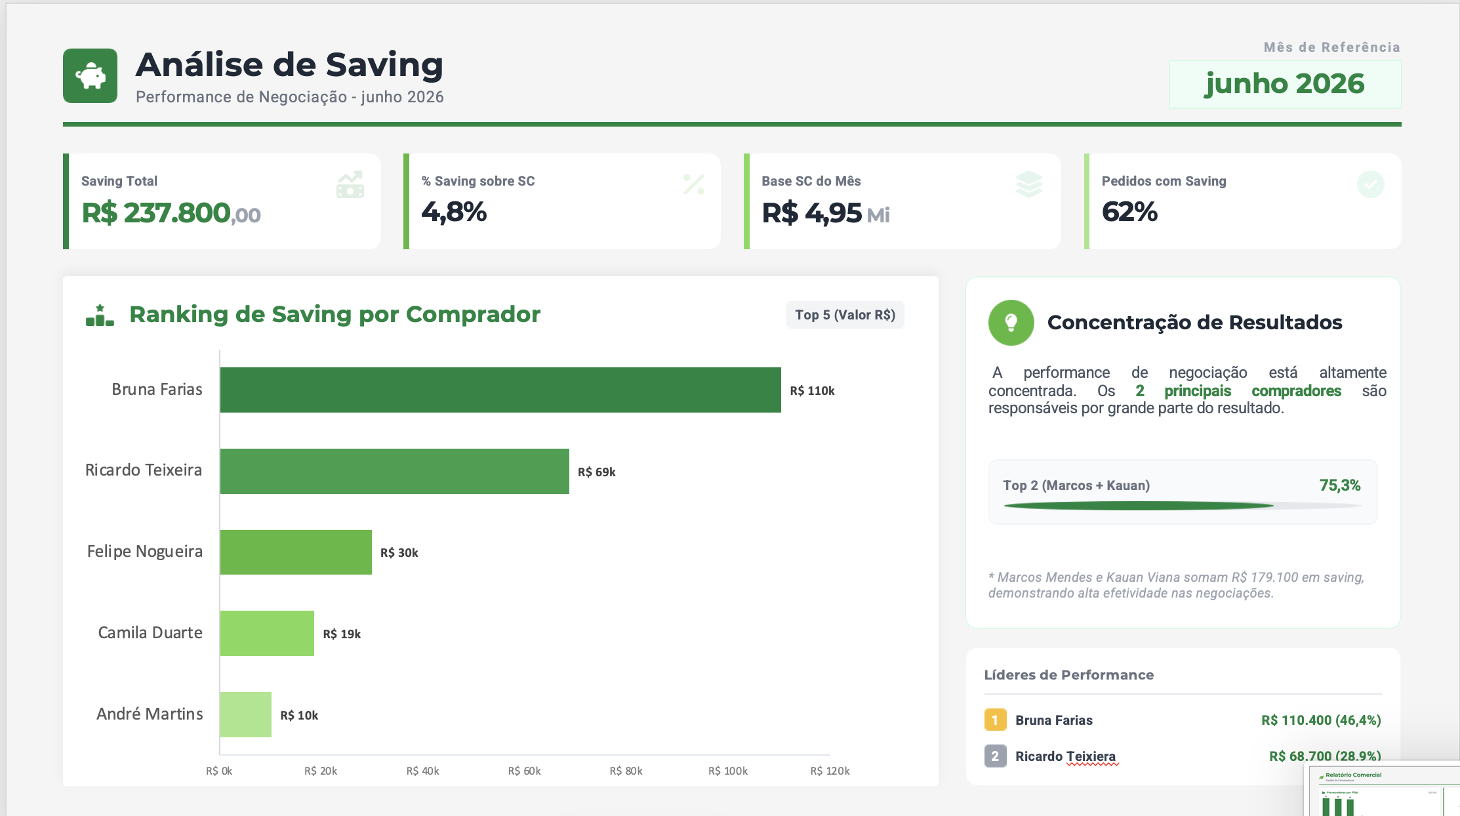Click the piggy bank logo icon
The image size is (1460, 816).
click(x=91, y=75)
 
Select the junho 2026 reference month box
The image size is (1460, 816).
click(x=1285, y=84)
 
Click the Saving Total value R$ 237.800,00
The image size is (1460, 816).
click(x=171, y=213)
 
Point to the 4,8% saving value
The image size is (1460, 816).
click(x=454, y=212)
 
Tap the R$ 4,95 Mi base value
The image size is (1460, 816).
click(x=826, y=213)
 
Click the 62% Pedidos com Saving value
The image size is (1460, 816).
click(x=1129, y=212)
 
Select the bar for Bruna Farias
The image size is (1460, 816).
click(x=500, y=390)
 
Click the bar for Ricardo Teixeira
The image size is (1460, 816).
click(x=395, y=471)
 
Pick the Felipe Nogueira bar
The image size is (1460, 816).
click(x=296, y=552)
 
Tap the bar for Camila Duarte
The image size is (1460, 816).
click(x=267, y=633)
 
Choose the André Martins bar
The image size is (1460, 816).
click(x=246, y=714)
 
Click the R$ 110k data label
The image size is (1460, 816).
click(x=812, y=391)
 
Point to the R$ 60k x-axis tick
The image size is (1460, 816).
click(x=524, y=771)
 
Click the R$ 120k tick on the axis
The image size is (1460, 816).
click(x=830, y=771)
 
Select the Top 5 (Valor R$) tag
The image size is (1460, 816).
click(x=845, y=315)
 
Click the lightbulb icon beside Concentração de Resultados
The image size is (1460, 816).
click(x=1011, y=323)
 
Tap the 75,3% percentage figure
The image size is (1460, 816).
click(x=1340, y=485)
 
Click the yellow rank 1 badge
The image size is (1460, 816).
click(x=995, y=720)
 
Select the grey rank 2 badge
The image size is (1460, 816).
click(x=995, y=756)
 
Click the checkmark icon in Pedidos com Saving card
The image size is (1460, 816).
click(x=1370, y=184)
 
